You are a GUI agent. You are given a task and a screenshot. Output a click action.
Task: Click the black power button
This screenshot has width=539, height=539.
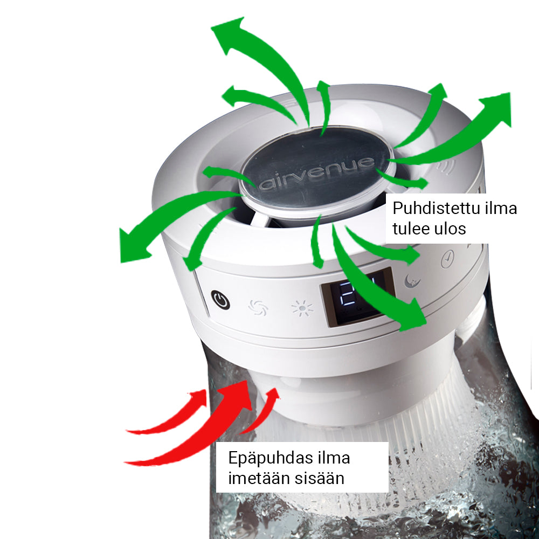[x=220, y=300]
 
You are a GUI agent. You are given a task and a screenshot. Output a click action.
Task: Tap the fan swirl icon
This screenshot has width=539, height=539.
[x=258, y=307]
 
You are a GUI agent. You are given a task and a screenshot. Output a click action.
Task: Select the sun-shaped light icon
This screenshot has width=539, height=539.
[x=302, y=308]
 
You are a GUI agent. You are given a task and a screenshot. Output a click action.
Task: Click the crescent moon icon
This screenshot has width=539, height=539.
[x=412, y=280]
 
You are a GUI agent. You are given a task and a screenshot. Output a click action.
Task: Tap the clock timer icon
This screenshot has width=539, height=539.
[x=447, y=259]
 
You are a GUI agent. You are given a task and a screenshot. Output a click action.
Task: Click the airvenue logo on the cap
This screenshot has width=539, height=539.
[x=316, y=173]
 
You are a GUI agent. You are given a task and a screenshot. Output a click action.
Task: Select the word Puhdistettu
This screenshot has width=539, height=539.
[x=434, y=208]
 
